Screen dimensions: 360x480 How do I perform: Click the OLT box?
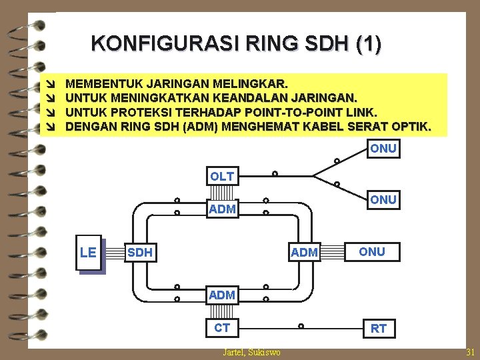point(222,176)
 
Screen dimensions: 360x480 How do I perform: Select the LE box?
point(88,252)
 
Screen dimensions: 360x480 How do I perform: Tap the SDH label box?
point(140,252)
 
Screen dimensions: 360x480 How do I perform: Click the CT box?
point(222,327)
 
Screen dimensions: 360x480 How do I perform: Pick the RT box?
point(379,328)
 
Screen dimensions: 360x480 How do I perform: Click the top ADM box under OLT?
point(222,209)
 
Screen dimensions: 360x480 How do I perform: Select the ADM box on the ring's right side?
point(305,252)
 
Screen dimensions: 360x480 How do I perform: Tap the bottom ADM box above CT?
point(222,294)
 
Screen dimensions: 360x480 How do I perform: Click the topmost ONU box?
point(383,149)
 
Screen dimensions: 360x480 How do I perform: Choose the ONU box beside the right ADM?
point(371,251)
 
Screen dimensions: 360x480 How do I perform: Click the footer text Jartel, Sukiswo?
point(251,352)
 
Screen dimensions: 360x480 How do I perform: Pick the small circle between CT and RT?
point(301,326)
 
